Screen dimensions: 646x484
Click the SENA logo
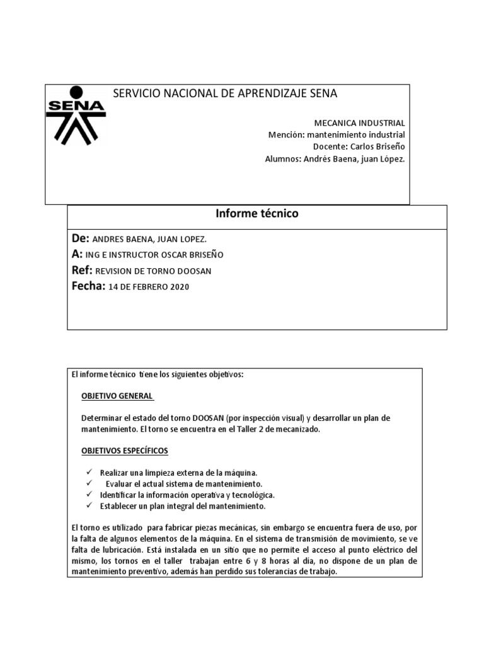(76, 114)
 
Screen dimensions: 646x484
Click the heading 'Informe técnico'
(256, 214)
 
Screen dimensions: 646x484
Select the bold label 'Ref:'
(82, 270)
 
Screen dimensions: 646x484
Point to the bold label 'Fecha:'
(88, 286)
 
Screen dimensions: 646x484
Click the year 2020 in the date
(178, 287)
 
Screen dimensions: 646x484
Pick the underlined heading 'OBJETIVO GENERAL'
(117, 396)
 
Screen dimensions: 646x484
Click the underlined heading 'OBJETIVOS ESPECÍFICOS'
(125, 451)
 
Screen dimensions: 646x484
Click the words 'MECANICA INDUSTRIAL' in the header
(359, 123)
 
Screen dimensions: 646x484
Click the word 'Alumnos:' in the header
(282, 159)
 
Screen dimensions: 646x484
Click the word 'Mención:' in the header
(285, 135)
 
